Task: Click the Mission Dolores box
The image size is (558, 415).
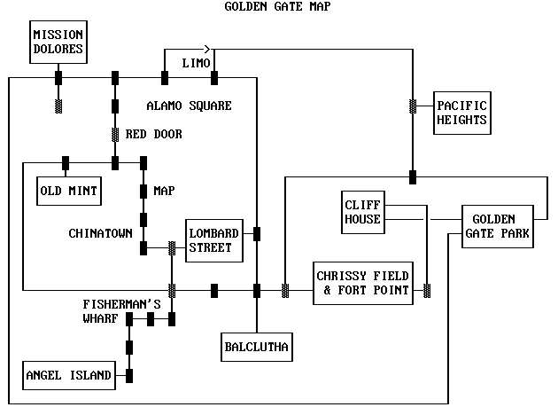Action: pyautogui.click(x=58, y=42)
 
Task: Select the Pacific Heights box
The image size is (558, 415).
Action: pyautogui.click(x=461, y=114)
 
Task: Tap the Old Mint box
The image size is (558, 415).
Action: pyautogui.click(x=69, y=189)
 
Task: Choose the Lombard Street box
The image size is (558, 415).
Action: pyautogui.click(x=213, y=239)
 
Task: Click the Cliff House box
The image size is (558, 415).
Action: pyautogui.click(x=363, y=212)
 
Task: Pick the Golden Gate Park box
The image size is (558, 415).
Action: pyautogui.click(x=497, y=227)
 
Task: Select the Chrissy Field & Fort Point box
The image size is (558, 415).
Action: pyautogui.click(x=363, y=283)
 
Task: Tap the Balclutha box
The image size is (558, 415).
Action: pyautogui.click(x=256, y=346)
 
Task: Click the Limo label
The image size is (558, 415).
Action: pyautogui.click(x=196, y=64)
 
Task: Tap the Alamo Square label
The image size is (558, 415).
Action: pyautogui.click(x=189, y=106)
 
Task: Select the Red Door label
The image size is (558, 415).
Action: pyautogui.click(x=154, y=135)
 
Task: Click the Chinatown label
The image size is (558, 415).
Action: pyautogui.click(x=100, y=233)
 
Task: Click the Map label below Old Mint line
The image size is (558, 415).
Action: pyautogui.click(x=164, y=191)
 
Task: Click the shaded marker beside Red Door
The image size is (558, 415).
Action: pyautogui.click(x=115, y=135)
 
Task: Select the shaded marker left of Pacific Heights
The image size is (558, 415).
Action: pyautogui.click(x=413, y=106)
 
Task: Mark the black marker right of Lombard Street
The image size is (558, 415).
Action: pyautogui.click(x=257, y=234)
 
